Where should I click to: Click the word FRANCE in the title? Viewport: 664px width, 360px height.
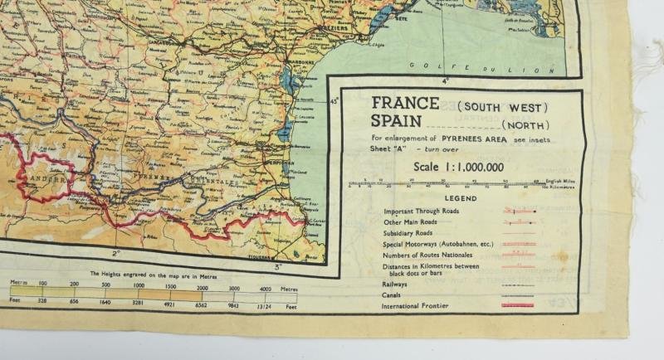pos(405,104)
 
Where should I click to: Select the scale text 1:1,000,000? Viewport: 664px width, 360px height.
pos(457,166)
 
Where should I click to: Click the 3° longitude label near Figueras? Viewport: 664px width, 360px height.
pos(278,266)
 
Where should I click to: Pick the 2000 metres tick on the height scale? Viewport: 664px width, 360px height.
pos(205,287)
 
